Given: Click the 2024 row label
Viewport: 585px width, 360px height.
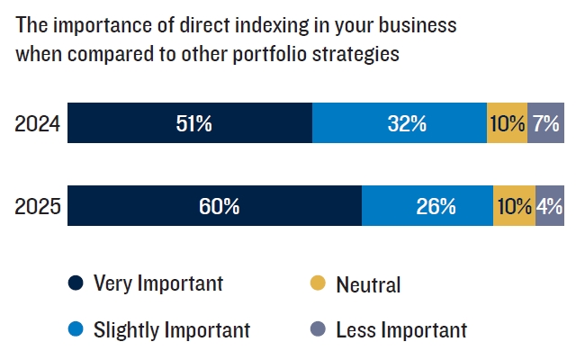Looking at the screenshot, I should tap(38, 124).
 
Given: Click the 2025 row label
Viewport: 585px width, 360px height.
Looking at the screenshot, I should tap(38, 206).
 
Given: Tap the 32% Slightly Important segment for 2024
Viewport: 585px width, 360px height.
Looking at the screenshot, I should tap(400, 124).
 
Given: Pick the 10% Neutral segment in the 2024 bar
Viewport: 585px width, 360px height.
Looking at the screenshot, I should tap(507, 124).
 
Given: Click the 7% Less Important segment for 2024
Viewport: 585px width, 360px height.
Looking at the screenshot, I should tap(546, 124).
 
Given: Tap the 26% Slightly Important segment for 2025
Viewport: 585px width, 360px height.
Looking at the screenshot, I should tap(427, 206).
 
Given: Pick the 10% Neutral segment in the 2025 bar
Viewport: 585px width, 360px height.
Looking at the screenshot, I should tap(514, 206).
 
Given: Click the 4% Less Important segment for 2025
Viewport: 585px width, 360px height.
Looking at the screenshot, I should tap(550, 206).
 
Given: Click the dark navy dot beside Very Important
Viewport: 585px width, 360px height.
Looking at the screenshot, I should tap(76, 284).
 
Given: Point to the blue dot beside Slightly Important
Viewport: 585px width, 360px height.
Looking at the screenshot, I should tap(76, 330).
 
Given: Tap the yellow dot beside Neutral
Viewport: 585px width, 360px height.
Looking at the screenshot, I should tap(318, 284).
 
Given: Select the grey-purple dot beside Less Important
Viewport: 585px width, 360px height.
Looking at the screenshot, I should tap(318, 330).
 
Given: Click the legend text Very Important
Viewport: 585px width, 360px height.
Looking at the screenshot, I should tap(157, 284).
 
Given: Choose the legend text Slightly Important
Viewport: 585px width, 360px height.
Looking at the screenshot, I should tap(171, 330).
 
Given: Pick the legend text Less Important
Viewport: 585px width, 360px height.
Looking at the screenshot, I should tap(400, 330).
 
